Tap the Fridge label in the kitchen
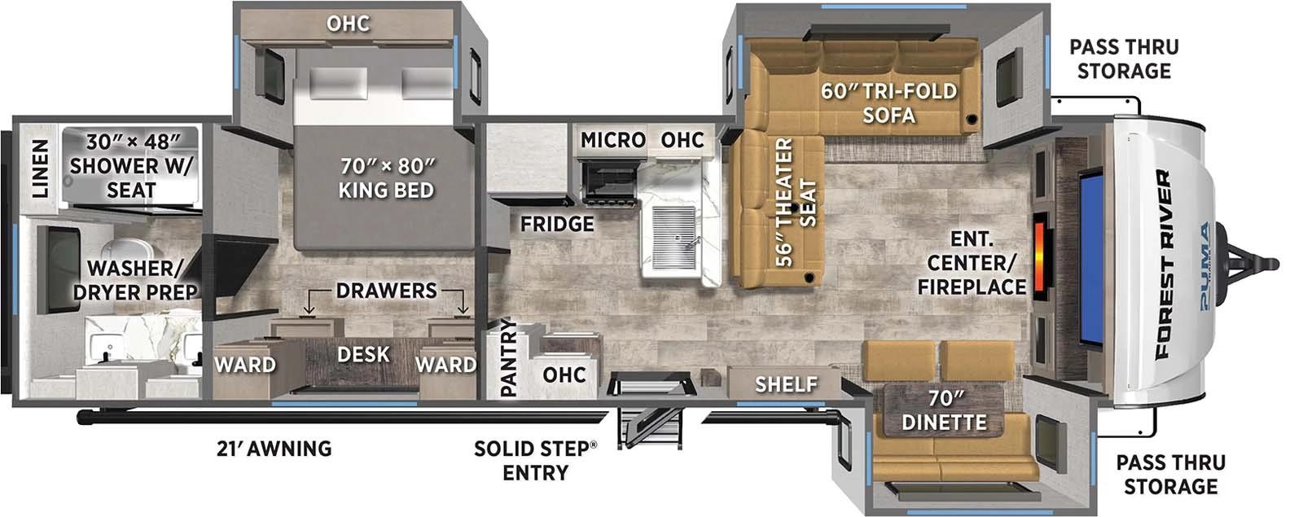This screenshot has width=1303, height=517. pyautogui.click(x=557, y=223)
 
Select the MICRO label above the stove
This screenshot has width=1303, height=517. pyautogui.click(x=612, y=140)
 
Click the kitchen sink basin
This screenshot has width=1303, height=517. pyautogui.click(x=676, y=236)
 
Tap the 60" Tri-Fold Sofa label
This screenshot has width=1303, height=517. pyautogui.click(x=888, y=103)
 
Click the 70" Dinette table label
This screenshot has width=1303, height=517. pyautogui.click(x=944, y=410)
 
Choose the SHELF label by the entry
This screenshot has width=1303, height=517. pyautogui.click(x=786, y=383)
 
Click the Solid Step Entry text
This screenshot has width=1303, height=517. pyautogui.click(x=535, y=460)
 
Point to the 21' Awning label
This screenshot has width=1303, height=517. pyautogui.click(x=274, y=448)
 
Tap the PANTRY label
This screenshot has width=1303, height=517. pyautogui.click(x=508, y=358)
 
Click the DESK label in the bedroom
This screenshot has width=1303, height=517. pyautogui.click(x=363, y=354)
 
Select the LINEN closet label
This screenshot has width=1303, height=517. pyautogui.click(x=39, y=169)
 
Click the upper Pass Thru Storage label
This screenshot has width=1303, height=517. pyautogui.click(x=1123, y=59)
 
